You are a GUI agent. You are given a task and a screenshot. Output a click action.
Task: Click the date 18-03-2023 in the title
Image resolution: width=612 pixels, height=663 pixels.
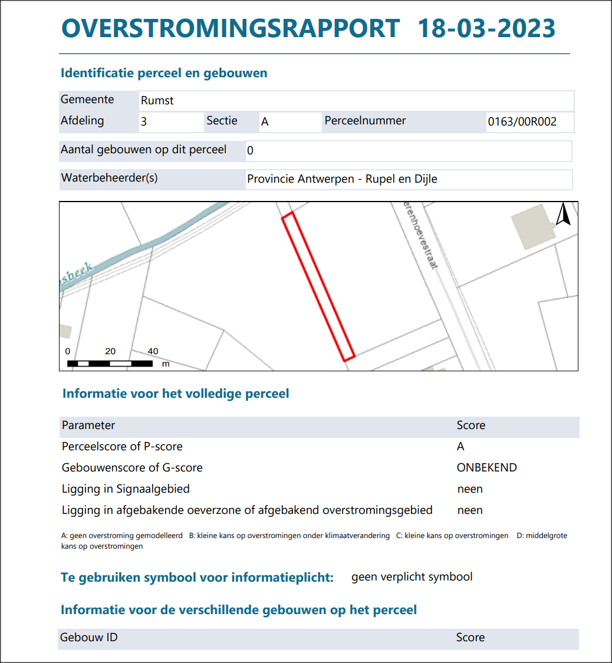click(486, 28)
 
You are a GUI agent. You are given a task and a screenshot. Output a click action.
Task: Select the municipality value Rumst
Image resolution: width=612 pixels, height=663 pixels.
click(157, 101)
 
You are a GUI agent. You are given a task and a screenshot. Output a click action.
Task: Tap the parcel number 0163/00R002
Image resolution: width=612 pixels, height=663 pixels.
click(522, 123)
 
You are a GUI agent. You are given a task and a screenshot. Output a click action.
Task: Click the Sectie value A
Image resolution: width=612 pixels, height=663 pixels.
click(265, 123)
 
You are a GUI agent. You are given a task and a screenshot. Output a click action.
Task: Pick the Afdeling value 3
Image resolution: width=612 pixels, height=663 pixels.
click(144, 123)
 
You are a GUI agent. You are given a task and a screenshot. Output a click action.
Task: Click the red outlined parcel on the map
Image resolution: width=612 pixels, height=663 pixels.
click(318, 286)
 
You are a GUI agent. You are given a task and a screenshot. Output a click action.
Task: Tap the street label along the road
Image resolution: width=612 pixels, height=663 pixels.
click(420, 235)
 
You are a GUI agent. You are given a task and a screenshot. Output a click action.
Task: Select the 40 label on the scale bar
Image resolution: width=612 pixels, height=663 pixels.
click(153, 351)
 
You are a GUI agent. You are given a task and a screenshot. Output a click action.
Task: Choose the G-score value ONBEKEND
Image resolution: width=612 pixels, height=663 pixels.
click(486, 468)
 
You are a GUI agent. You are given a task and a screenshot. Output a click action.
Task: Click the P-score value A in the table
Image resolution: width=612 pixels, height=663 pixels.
click(460, 447)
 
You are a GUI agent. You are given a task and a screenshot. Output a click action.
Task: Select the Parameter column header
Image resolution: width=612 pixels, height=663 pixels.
click(88, 425)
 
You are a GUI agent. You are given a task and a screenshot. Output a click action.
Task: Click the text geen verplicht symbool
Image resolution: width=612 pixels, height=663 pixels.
click(412, 577)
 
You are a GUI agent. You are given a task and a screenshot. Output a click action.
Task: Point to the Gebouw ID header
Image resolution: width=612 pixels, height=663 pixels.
click(88, 638)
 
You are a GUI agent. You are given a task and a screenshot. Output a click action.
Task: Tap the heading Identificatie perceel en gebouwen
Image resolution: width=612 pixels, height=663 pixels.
click(164, 74)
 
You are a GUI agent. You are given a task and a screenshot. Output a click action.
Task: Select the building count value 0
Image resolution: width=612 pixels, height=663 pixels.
click(250, 151)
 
